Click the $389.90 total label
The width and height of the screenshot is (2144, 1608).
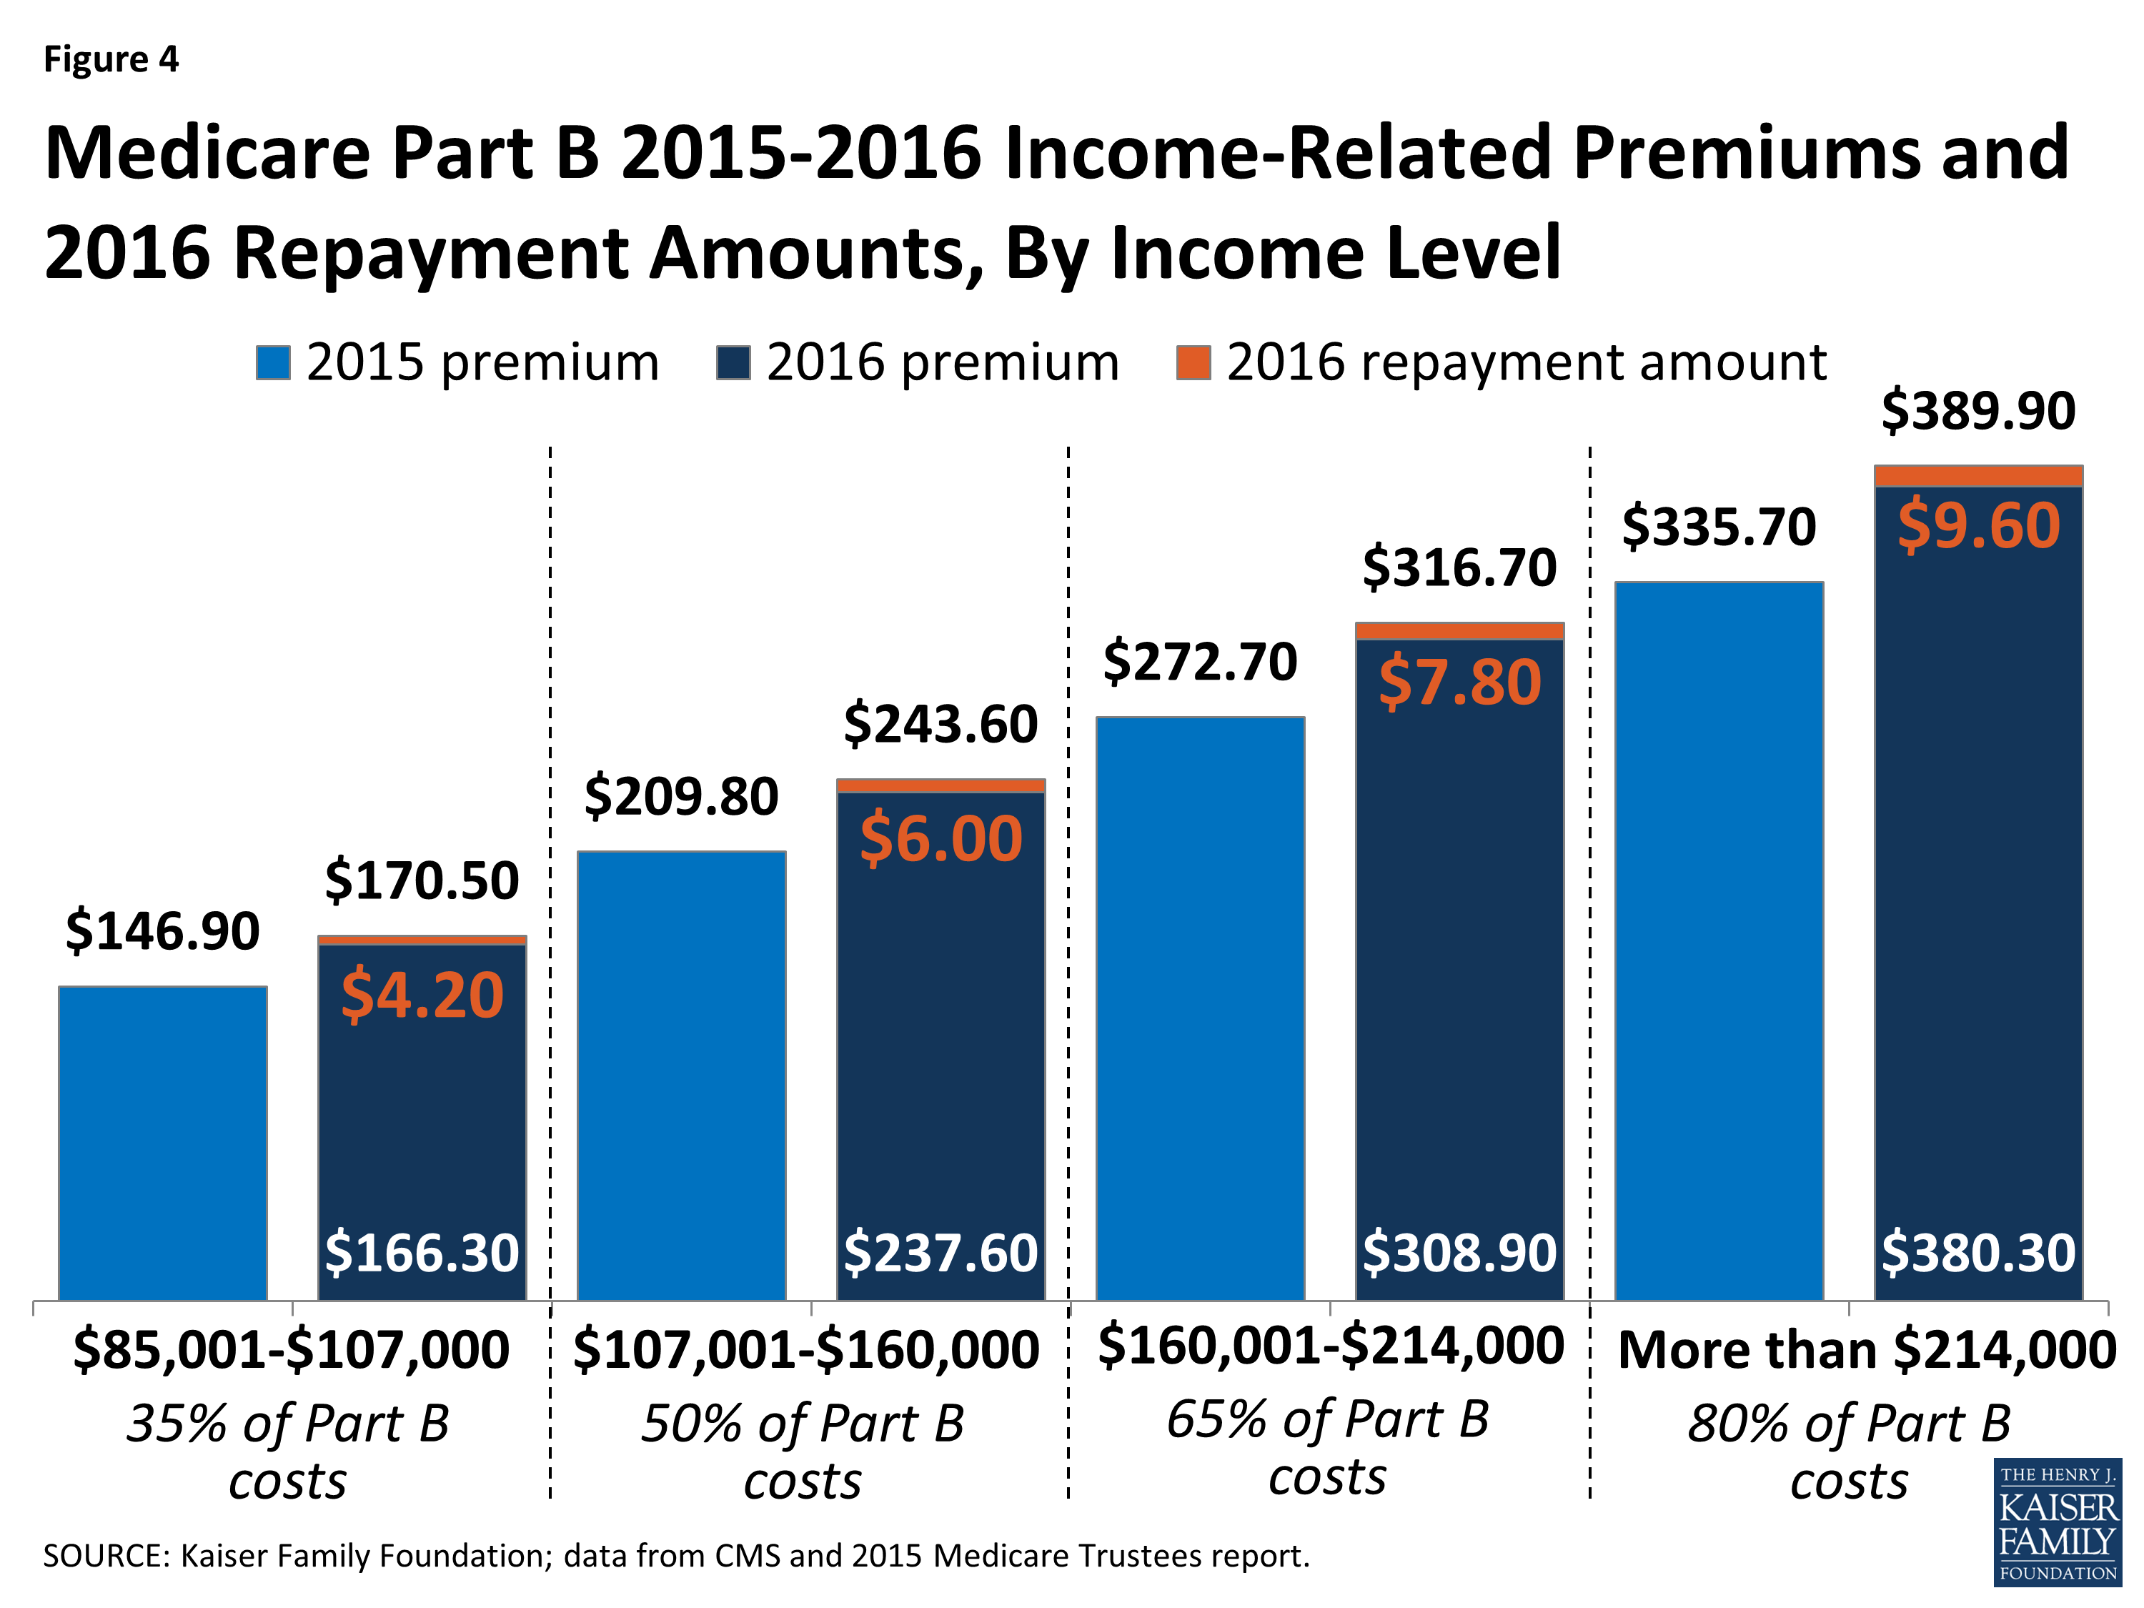point(1977,411)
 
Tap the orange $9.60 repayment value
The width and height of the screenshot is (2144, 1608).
point(1977,525)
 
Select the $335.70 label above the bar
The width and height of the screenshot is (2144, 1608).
point(1719,527)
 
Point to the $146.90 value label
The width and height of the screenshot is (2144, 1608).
point(162,931)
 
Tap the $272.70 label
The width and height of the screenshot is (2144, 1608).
point(1200,663)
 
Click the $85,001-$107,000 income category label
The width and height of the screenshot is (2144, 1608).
point(291,1350)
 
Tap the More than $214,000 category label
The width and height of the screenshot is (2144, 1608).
point(1867,1350)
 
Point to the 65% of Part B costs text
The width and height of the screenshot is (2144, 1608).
point(1327,1446)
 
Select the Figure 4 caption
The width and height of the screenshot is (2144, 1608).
point(111,60)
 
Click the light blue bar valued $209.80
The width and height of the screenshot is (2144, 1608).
point(681,1076)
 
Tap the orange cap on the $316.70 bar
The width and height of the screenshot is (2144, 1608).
point(1459,631)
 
